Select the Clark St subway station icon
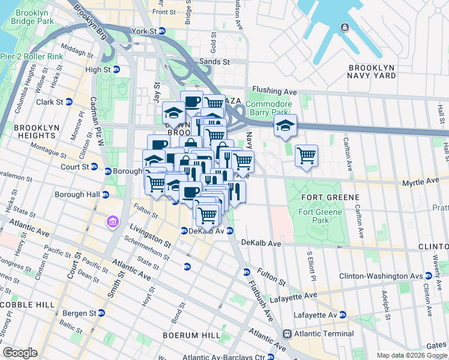(68, 102)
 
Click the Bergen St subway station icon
(101, 313)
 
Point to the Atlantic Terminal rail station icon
(288, 334)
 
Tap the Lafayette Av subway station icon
(342, 314)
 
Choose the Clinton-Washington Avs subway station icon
(427, 276)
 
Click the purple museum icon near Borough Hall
(112, 223)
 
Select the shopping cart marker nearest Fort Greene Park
(306, 157)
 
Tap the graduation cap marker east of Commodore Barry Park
(285, 125)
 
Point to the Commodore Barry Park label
(270, 108)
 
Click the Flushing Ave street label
(275, 91)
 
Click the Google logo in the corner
(20, 353)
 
